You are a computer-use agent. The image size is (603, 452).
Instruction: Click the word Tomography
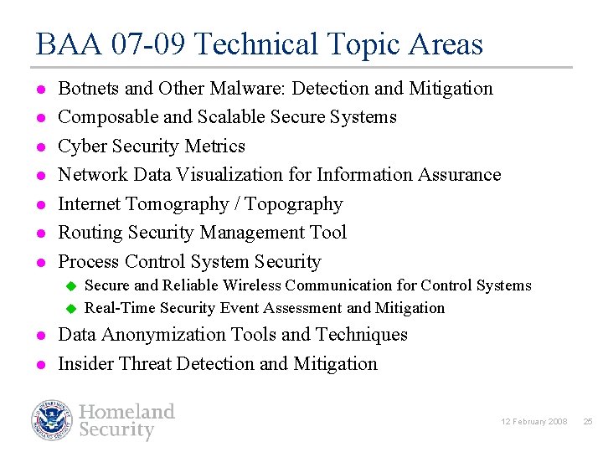click(x=177, y=204)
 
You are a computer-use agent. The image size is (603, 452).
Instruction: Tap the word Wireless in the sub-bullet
click(x=264, y=285)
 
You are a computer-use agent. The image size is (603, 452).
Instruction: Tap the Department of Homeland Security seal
click(x=53, y=420)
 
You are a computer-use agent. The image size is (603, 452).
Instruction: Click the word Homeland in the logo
click(x=126, y=411)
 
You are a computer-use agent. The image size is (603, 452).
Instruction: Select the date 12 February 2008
click(x=533, y=421)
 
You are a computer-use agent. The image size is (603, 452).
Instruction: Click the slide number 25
click(x=587, y=421)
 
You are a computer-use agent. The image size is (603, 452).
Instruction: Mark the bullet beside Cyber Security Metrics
click(x=39, y=146)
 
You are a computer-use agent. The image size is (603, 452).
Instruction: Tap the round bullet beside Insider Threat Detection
click(x=39, y=364)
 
